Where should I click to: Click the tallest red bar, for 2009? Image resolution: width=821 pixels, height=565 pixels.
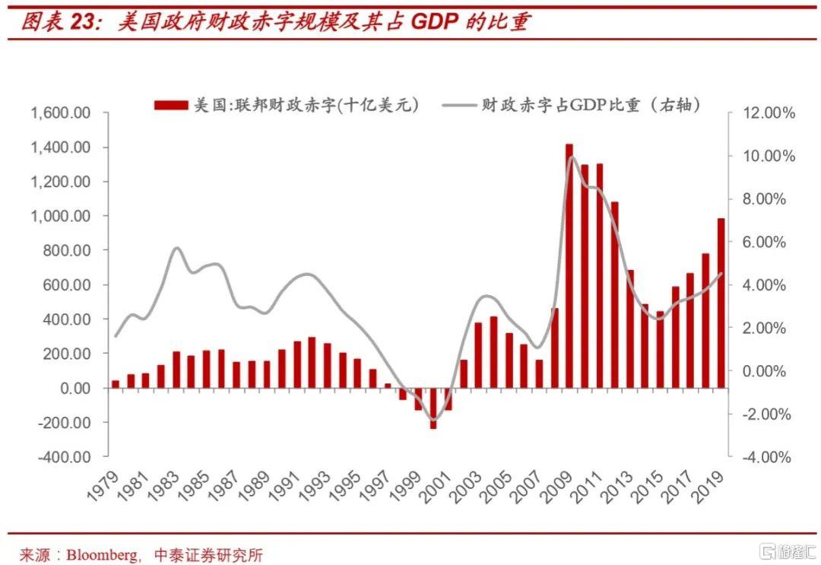pos(569,265)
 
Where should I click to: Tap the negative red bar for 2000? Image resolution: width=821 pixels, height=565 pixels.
pos(433,408)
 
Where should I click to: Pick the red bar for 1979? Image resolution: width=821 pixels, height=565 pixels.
pos(116,384)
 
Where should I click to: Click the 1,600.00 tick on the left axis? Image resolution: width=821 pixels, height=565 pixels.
pos(61,113)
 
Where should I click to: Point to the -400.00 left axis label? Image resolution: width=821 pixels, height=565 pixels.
pos(61,457)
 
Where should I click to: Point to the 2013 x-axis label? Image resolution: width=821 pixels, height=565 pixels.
pos(622,484)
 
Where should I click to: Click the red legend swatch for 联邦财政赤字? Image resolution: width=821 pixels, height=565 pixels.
pos(171,105)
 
